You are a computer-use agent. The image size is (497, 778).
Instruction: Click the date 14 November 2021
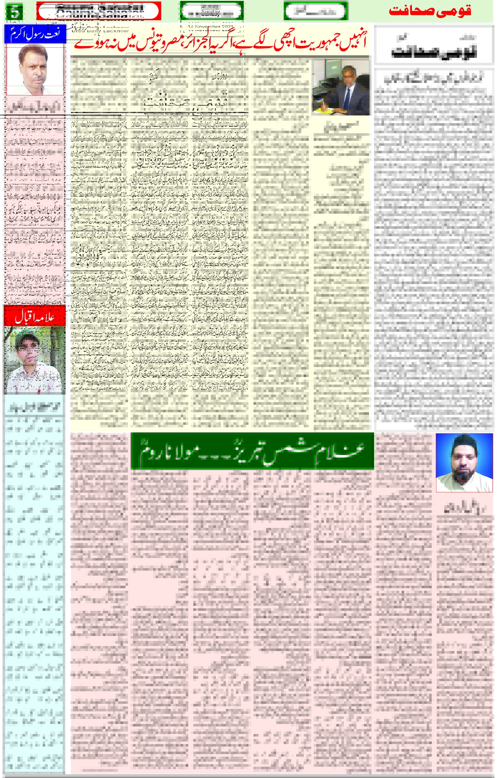[211, 27]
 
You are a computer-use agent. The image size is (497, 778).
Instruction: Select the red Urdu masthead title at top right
[430, 11]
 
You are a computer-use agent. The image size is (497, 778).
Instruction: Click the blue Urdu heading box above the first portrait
[35, 34]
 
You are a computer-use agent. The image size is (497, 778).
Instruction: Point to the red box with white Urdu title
[35, 316]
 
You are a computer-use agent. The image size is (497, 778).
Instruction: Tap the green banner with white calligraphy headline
[252, 451]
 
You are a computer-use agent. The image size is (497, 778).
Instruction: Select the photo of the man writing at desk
[340, 87]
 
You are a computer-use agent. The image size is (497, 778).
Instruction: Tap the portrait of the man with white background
[35, 69]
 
